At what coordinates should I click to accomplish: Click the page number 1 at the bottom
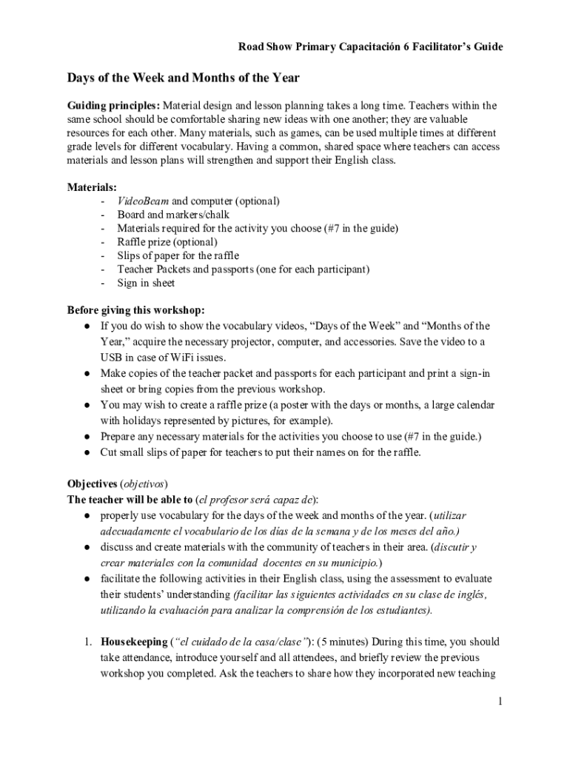click(500, 702)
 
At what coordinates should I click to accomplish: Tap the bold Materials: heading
click(92, 187)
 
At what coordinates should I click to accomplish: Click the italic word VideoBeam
click(143, 201)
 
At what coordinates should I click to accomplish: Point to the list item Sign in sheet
click(146, 283)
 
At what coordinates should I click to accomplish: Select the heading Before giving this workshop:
click(136, 309)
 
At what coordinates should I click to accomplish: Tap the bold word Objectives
click(93, 484)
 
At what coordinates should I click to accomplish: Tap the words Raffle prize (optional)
click(167, 242)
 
